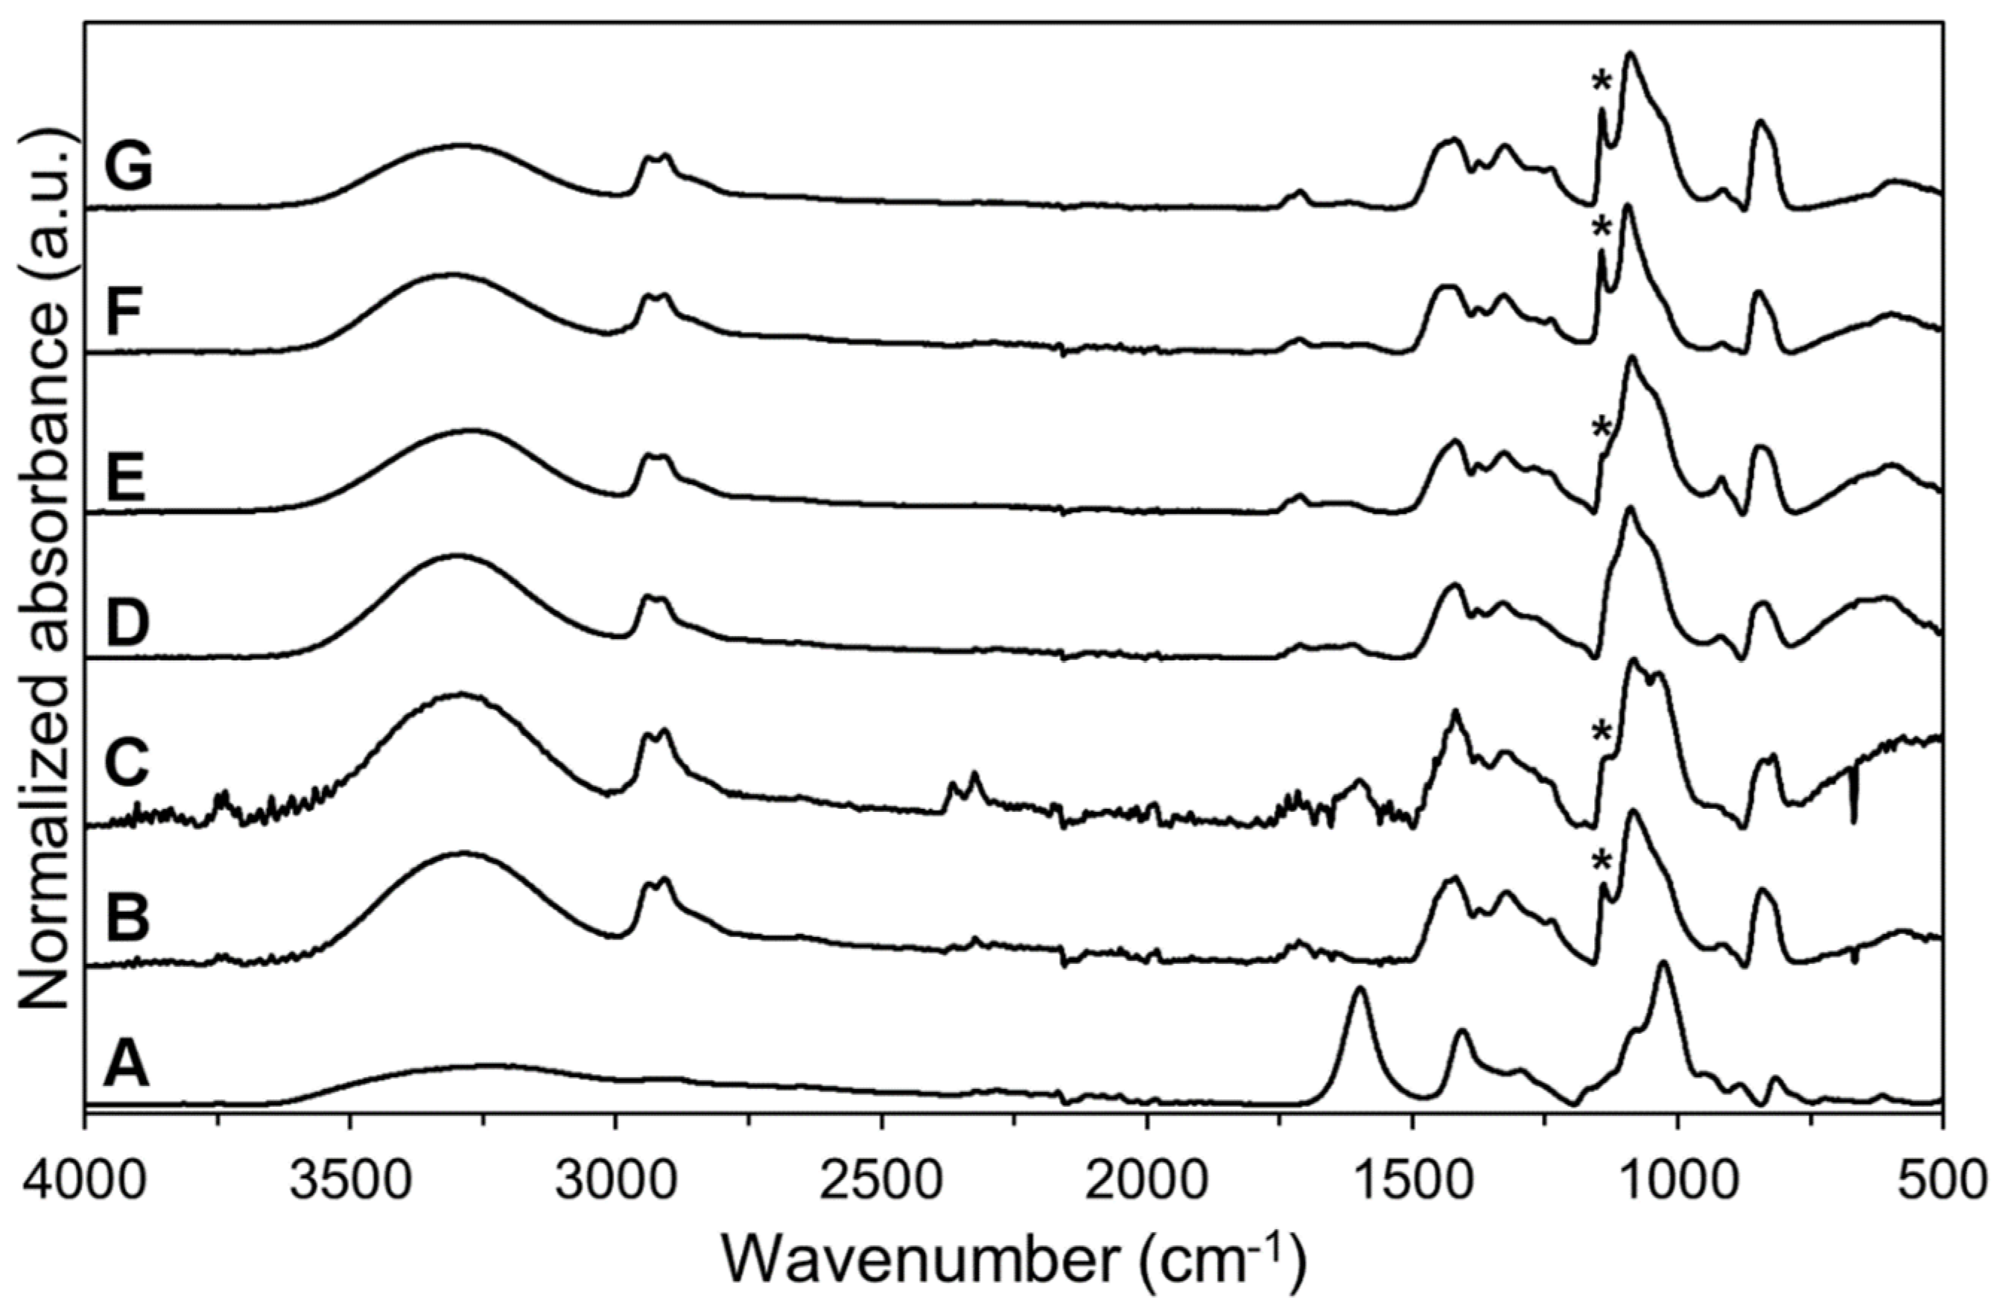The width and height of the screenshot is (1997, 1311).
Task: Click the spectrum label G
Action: (x=127, y=166)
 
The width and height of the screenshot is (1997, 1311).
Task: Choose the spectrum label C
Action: (x=127, y=762)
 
